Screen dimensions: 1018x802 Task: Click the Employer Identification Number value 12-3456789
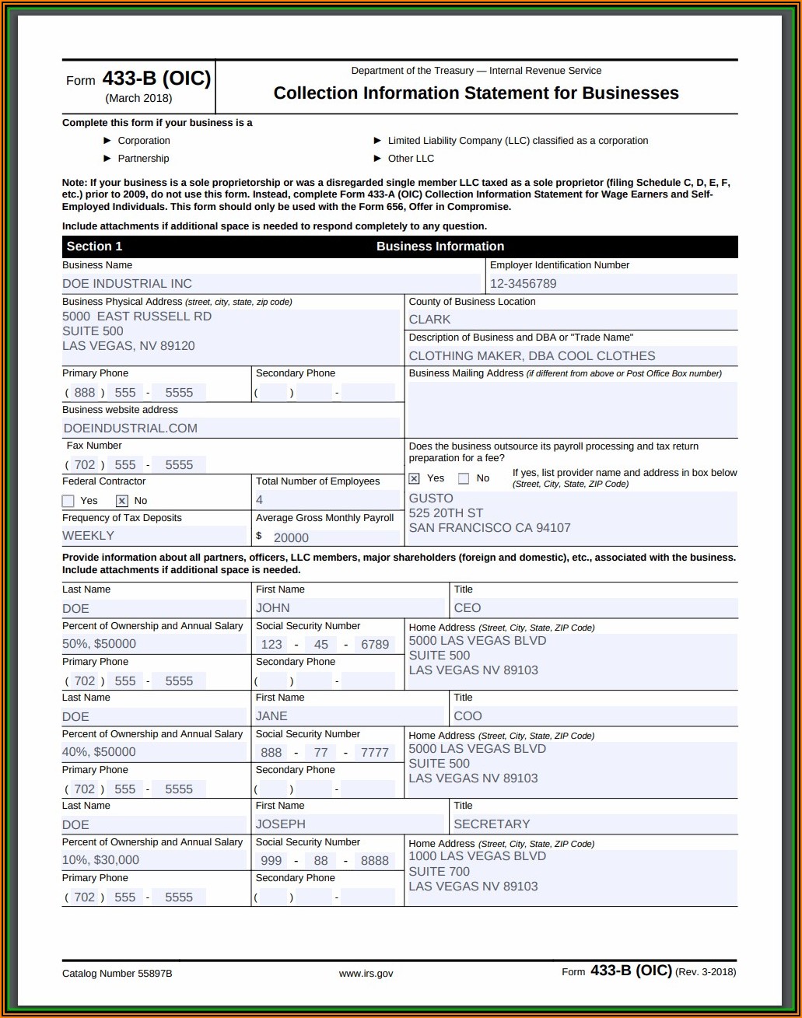click(x=523, y=284)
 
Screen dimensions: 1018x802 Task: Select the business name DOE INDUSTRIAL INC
click(x=127, y=284)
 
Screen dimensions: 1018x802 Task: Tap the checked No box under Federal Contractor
click(x=122, y=501)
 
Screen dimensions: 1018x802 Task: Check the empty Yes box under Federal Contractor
click(x=68, y=501)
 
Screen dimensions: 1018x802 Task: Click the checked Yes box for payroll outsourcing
click(x=415, y=478)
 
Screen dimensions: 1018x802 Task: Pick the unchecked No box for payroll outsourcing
click(x=464, y=478)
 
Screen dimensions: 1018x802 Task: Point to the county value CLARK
click(x=429, y=320)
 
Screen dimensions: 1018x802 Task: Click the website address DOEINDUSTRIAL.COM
click(x=130, y=429)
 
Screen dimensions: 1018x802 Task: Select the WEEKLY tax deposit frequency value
click(x=88, y=536)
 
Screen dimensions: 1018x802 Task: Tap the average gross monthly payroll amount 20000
click(x=291, y=537)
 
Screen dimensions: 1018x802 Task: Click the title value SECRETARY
click(x=492, y=824)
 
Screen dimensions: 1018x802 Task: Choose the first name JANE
click(x=271, y=716)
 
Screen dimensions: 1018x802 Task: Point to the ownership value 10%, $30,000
click(x=100, y=860)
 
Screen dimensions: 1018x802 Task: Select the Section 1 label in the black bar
click(x=94, y=247)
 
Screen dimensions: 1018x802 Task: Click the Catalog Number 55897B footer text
click(x=117, y=974)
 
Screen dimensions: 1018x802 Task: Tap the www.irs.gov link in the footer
click(x=366, y=974)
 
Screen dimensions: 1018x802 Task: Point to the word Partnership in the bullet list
click(x=143, y=159)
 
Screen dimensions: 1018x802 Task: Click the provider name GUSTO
click(x=430, y=499)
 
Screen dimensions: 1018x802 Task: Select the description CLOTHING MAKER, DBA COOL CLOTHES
click(x=532, y=356)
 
